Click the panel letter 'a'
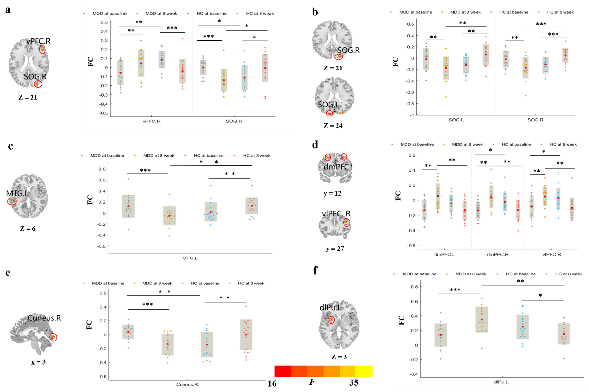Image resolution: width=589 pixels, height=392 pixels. [x=8, y=10]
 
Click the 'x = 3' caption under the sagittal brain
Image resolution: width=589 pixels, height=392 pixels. [x=38, y=362]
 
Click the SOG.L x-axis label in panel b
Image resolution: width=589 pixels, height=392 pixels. [x=456, y=120]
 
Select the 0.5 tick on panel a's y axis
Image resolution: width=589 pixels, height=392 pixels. [x=104, y=22]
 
